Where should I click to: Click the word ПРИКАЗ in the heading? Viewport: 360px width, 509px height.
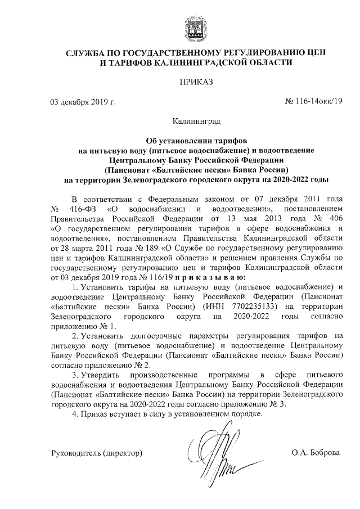(196, 83)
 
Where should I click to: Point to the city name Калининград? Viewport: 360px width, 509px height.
(196, 121)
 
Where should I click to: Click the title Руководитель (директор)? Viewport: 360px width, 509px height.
(96, 453)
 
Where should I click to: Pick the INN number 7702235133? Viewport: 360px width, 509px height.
(251, 307)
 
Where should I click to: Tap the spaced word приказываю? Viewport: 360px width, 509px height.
(211, 277)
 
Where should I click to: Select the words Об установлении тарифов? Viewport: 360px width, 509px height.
(196, 140)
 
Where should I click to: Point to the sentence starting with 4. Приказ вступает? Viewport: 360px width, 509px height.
(168, 415)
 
